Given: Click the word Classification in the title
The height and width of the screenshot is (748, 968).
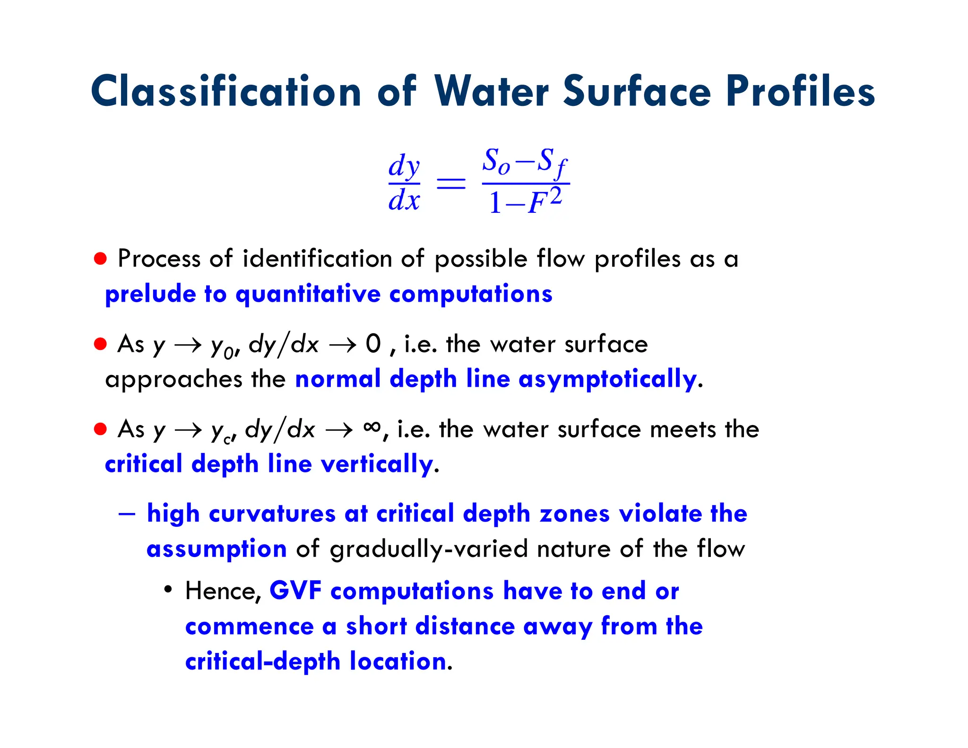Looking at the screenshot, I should pyautogui.click(x=226, y=91).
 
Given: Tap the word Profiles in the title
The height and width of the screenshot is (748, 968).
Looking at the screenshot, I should pyautogui.click(x=800, y=91).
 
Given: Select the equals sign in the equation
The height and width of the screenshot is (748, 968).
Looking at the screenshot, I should pyautogui.click(x=450, y=183).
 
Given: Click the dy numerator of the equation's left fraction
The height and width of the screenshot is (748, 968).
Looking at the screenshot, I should pyautogui.click(x=404, y=166).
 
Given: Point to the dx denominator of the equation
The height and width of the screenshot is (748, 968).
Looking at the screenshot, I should pyautogui.click(x=404, y=200).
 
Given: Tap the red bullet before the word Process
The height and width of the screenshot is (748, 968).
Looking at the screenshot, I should pyautogui.click(x=100, y=259).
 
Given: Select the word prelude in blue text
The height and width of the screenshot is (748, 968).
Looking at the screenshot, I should pyautogui.click(x=150, y=294).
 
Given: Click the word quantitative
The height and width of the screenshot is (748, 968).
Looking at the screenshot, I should pyautogui.click(x=308, y=294).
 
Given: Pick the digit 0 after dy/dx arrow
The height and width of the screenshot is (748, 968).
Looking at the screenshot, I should pyautogui.click(x=373, y=344).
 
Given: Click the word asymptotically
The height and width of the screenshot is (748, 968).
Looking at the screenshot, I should pyautogui.click(x=607, y=379).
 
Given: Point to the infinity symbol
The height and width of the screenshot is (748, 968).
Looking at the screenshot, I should pyautogui.click(x=372, y=427).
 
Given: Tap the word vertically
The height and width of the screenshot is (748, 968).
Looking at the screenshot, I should pyautogui.click(x=377, y=464).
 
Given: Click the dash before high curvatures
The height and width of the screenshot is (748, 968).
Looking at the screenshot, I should pyautogui.click(x=127, y=514).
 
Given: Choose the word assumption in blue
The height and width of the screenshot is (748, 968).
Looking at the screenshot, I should pyautogui.click(x=216, y=549).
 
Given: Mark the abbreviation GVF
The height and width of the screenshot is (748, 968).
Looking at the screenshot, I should pyautogui.click(x=295, y=591).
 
